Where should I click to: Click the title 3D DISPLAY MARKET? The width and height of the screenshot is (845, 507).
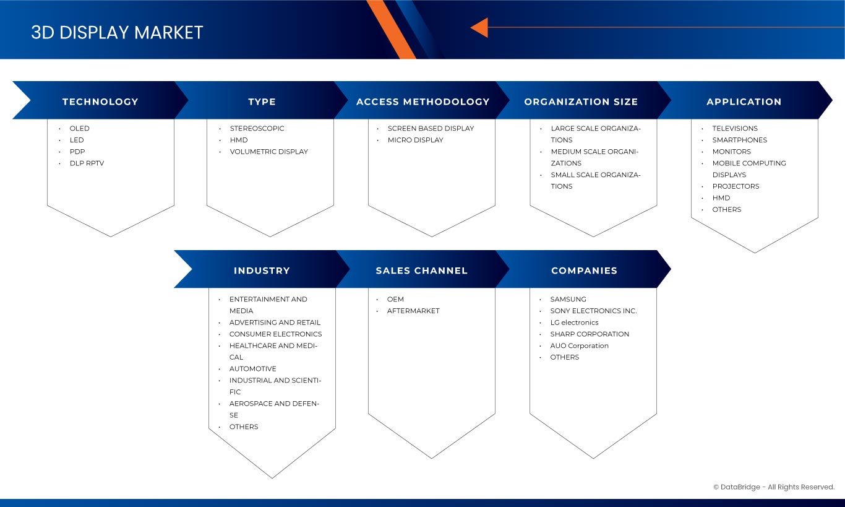117,32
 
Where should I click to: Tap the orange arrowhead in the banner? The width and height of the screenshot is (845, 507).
479,28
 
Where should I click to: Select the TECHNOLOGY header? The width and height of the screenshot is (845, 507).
100,102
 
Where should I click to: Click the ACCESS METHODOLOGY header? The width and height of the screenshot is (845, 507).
423,102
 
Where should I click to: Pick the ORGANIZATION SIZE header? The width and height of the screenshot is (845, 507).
581,102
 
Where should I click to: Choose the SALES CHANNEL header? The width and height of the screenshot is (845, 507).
422,271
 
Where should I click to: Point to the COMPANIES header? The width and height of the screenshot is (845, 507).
585,271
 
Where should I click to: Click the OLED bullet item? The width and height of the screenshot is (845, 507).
80,128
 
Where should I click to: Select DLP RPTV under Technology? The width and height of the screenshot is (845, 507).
87,163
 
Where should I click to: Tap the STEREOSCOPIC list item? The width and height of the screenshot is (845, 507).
257,128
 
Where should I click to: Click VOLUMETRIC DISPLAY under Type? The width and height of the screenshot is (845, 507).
269,152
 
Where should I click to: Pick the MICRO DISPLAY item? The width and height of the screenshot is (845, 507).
415,140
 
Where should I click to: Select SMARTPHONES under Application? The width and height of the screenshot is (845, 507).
739,140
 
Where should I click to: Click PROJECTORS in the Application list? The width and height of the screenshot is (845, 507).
736,186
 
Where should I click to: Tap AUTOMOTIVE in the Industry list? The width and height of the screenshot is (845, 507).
253,368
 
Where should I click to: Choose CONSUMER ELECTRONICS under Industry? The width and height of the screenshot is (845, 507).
275,334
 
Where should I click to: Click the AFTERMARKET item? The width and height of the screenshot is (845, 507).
413,311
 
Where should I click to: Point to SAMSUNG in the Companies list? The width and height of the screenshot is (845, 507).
568,299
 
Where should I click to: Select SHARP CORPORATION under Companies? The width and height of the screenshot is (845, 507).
590,334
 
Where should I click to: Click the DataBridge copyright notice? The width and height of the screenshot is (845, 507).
774,487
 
